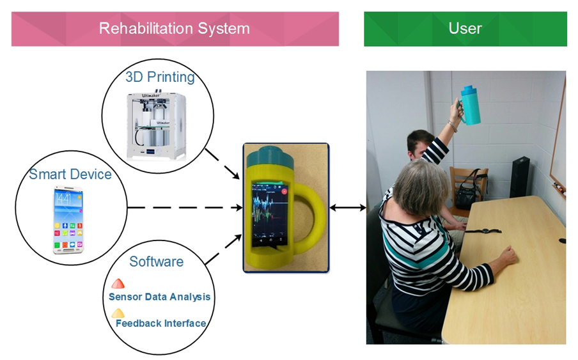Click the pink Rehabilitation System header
[x=175, y=29]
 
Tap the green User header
[x=465, y=29]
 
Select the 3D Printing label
[x=160, y=77]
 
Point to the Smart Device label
[x=70, y=174]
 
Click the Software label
[x=156, y=262]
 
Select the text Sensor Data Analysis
[x=159, y=297]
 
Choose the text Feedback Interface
[x=160, y=323]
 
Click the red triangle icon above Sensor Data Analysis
[x=118, y=283]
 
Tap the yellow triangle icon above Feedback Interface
[x=118, y=313]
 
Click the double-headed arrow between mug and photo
[x=348, y=207]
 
